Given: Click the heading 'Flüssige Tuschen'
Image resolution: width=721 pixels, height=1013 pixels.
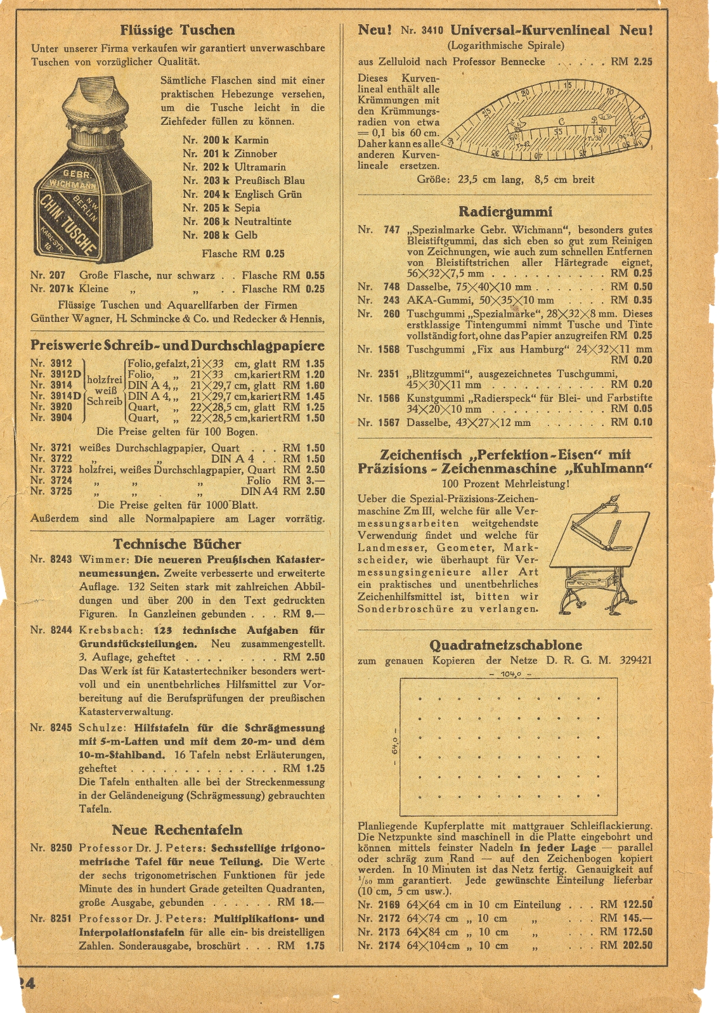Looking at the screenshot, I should [177, 30].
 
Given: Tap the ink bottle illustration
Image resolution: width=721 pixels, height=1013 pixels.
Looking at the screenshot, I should [94, 170].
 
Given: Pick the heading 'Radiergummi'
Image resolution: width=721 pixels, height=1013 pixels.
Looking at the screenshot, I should [505, 212].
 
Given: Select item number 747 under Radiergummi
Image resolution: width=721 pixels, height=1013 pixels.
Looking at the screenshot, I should [391, 230].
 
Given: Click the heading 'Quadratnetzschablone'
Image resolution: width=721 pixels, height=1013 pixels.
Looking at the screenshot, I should [505, 645].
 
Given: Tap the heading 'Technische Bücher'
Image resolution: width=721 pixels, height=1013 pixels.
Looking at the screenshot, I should [177, 544].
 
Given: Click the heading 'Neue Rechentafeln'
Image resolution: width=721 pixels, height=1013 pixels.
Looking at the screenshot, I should [177, 830].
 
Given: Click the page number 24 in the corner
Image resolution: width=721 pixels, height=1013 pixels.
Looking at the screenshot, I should [25, 983].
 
